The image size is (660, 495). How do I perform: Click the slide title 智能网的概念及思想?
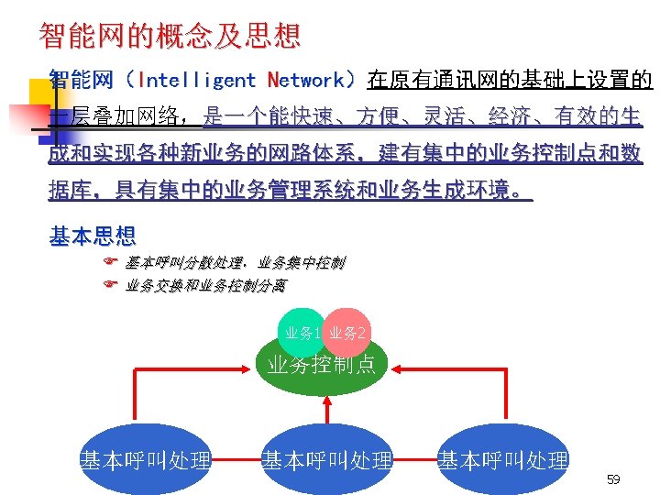tap(170, 36)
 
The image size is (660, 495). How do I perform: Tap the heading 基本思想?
tap(92, 237)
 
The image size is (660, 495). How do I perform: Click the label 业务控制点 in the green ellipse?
tap(322, 366)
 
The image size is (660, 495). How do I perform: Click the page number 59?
tap(613, 479)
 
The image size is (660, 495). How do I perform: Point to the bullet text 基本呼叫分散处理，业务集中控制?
tap(236, 263)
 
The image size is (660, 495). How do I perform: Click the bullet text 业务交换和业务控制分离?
tap(205, 286)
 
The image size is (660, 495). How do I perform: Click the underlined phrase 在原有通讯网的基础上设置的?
tap(510, 81)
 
